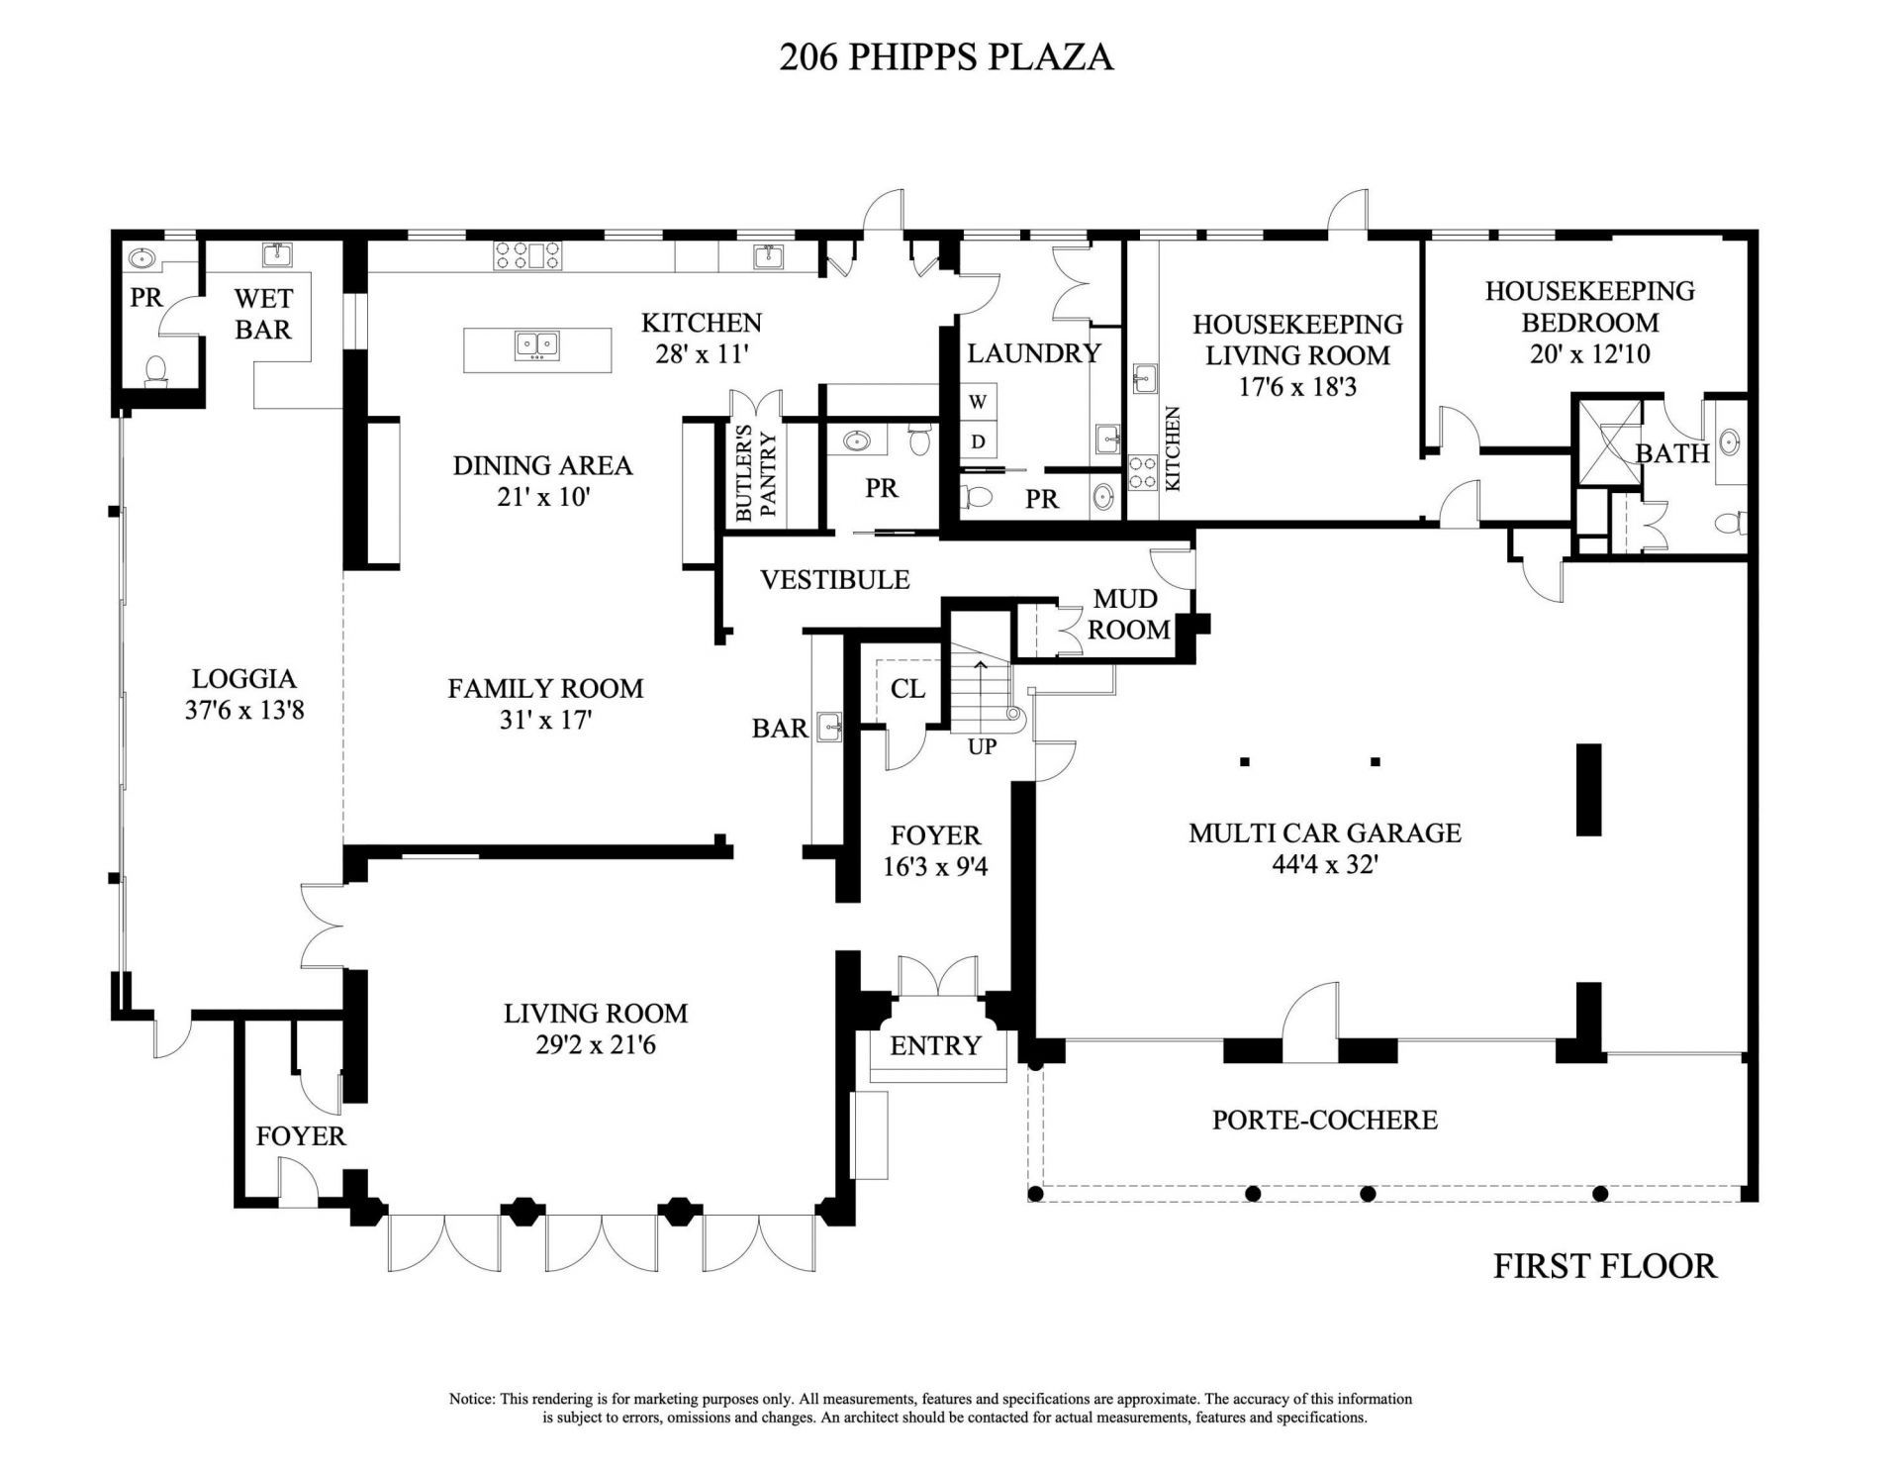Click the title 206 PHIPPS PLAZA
click(x=946, y=57)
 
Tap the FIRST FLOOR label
click(x=1604, y=1266)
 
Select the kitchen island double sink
click(x=537, y=345)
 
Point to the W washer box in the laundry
click(x=978, y=402)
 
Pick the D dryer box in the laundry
click(x=978, y=441)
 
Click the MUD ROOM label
click(x=1128, y=614)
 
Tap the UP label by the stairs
click(x=982, y=746)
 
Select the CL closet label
click(x=907, y=688)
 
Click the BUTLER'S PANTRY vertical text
click(x=757, y=473)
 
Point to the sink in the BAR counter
click(x=828, y=726)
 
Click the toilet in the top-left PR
click(x=155, y=371)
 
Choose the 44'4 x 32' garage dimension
click(x=1325, y=864)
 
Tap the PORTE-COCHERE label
click(x=1324, y=1120)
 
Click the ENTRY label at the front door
click(x=935, y=1045)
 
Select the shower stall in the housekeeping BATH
click(x=1606, y=441)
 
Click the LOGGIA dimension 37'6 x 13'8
click(x=243, y=710)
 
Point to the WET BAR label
click(x=263, y=313)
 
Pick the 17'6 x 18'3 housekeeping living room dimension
click(x=1296, y=386)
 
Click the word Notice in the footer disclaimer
click(x=471, y=1399)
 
